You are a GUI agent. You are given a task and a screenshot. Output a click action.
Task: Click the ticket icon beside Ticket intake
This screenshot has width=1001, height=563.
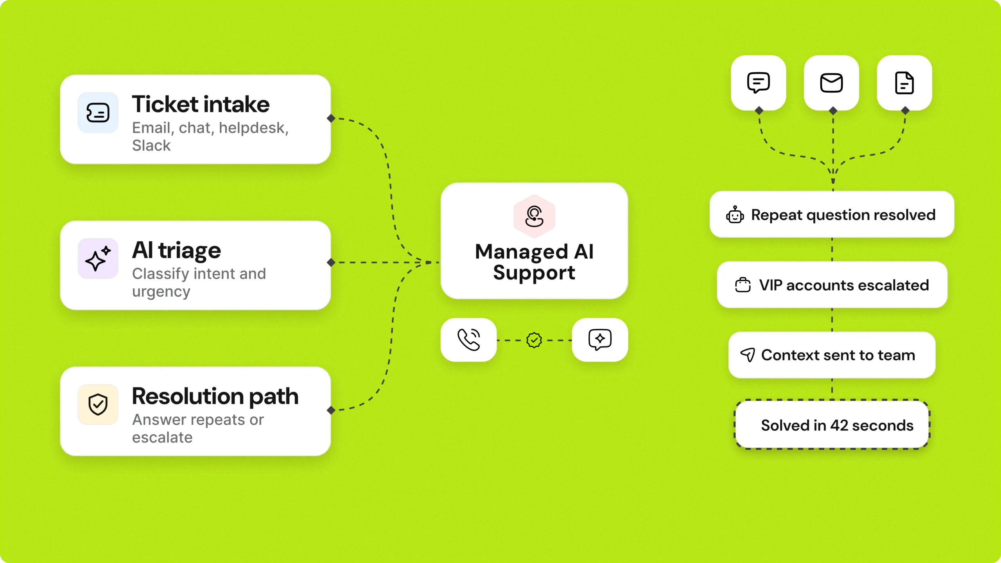point(98,113)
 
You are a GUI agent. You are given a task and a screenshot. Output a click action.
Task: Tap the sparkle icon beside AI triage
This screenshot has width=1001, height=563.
point(98,258)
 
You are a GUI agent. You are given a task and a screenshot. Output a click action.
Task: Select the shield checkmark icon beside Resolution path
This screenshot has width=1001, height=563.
point(98,404)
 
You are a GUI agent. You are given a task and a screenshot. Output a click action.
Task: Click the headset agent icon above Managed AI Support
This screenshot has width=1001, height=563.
point(534,216)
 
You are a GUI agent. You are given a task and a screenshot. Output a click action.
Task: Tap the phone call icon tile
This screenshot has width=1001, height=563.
point(468,340)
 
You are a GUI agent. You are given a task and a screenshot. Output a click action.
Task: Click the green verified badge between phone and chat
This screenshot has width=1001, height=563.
point(534,340)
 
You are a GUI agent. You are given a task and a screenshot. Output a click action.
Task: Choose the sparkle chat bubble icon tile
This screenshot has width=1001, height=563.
point(600,340)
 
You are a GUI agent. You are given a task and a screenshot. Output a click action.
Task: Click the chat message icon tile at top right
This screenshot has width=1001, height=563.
point(759,83)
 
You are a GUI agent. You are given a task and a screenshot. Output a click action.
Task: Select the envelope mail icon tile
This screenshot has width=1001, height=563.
point(831,83)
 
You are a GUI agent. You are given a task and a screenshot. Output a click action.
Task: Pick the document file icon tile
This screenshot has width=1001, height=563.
point(904,83)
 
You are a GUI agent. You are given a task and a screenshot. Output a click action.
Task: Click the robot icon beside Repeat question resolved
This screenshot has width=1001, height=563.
point(735,215)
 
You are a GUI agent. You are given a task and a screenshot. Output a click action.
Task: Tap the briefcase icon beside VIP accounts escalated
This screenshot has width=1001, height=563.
point(743,285)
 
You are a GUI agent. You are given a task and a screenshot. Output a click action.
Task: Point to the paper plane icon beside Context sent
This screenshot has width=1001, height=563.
point(748,355)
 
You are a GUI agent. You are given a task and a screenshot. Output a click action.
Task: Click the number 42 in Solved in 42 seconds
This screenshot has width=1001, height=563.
point(839,425)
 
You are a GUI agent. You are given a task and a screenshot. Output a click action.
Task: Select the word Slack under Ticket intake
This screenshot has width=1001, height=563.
point(151,145)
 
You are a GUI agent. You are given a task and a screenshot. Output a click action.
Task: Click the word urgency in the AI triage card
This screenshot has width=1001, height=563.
point(161,292)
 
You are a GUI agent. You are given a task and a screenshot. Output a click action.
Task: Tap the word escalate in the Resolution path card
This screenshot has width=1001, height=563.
point(162,437)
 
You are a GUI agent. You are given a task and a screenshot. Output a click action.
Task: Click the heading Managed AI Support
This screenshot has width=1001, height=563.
point(534,262)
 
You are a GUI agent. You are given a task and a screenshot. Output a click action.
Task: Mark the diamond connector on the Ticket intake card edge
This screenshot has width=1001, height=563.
point(331,118)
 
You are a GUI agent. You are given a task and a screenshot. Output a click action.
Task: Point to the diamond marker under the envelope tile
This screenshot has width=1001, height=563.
point(833,111)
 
